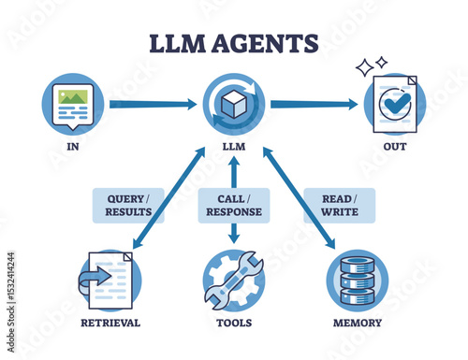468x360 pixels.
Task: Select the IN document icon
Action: click(72, 103)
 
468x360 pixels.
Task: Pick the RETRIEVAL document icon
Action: click(110, 279)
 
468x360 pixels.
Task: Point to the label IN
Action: click(72, 145)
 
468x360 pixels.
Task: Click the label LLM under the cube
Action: click(233, 145)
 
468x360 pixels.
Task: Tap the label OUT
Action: click(395, 145)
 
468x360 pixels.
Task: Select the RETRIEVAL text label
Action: click(110, 323)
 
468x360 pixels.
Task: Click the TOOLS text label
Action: click(233, 323)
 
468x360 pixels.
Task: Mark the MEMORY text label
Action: click(357, 323)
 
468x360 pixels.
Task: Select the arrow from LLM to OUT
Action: click(314, 104)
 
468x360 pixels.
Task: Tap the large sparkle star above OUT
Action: click(364, 68)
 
